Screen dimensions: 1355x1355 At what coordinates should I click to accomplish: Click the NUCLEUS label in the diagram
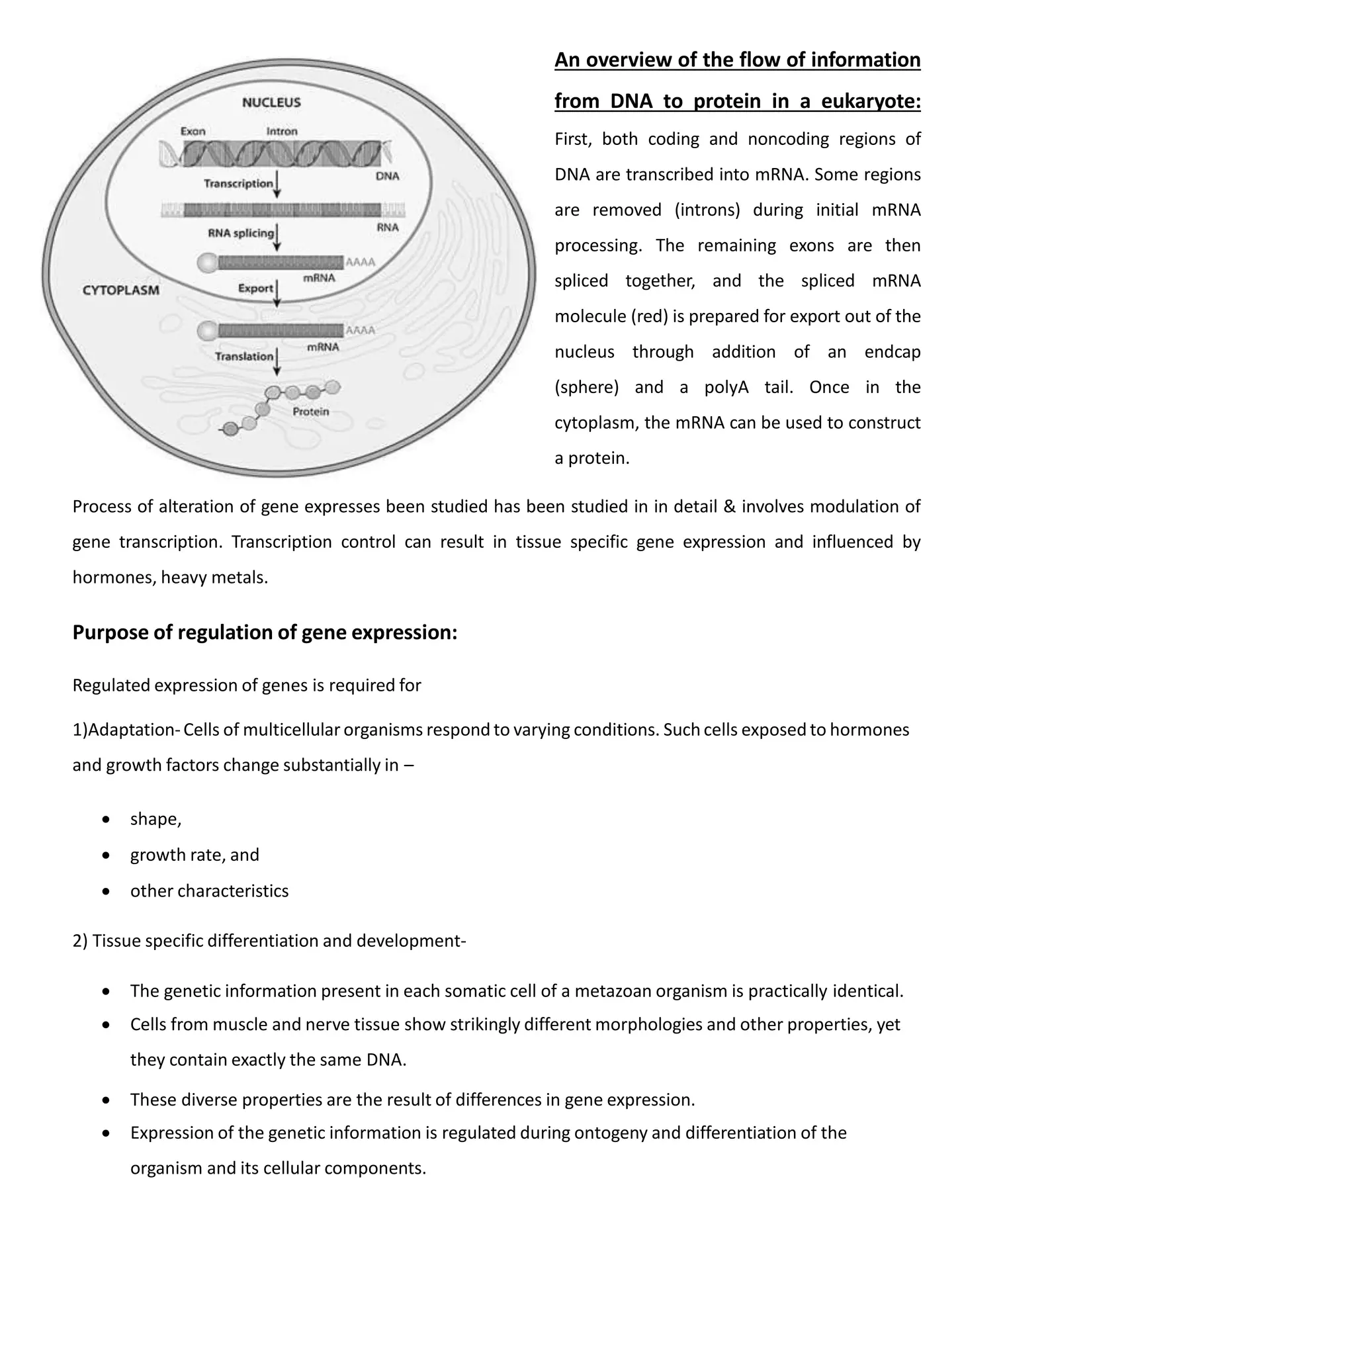click(271, 103)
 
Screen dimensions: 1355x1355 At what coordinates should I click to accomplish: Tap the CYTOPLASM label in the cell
click(120, 290)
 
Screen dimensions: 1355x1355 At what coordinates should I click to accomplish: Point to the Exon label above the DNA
click(193, 131)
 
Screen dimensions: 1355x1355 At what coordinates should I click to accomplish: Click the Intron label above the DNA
click(282, 131)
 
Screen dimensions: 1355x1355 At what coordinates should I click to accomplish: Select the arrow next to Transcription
click(278, 184)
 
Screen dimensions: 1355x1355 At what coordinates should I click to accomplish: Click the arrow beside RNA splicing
click(278, 237)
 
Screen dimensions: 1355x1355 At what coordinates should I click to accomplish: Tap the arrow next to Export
click(278, 292)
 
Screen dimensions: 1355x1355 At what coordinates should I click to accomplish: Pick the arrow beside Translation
click(278, 361)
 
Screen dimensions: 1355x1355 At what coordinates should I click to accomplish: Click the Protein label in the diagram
click(311, 412)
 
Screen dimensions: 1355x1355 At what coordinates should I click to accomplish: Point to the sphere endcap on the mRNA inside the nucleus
click(208, 263)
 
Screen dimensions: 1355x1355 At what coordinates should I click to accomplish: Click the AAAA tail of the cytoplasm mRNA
click(361, 330)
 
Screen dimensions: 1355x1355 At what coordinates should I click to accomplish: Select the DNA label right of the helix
click(387, 176)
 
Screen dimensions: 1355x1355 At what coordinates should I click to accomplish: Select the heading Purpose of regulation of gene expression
click(265, 633)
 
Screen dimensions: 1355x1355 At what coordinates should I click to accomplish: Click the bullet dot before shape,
click(106, 819)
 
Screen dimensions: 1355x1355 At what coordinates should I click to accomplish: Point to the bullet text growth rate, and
click(195, 855)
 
